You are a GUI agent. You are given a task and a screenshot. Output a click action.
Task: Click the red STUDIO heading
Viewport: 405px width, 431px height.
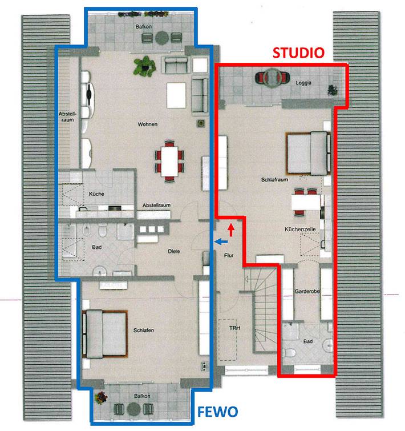click(298, 53)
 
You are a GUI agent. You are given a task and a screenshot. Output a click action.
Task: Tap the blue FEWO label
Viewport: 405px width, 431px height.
click(218, 411)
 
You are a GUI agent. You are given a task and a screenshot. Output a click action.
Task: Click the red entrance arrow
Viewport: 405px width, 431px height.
click(230, 230)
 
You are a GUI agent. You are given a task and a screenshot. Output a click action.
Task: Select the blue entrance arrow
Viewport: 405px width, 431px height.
click(218, 242)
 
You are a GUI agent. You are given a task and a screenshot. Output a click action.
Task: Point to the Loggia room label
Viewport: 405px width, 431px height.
click(303, 83)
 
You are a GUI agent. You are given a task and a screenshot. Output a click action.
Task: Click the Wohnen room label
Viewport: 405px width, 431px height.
click(147, 124)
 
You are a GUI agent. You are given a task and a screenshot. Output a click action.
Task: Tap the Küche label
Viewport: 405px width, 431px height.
click(96, 194)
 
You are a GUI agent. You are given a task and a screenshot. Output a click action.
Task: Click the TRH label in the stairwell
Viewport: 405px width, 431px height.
click(234, 328)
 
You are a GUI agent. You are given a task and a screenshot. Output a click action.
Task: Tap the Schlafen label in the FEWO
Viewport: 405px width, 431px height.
click(144, 331)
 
